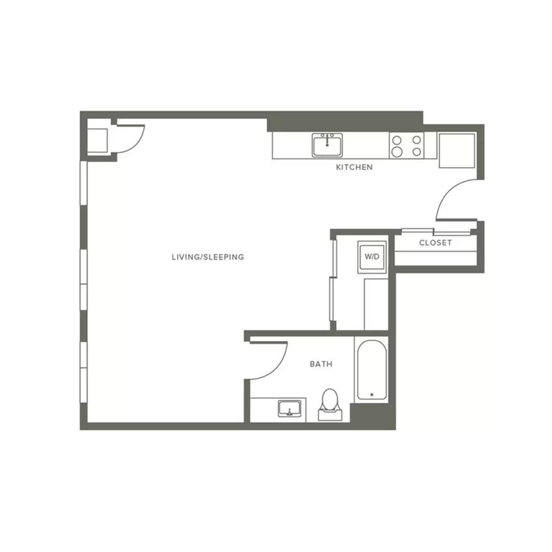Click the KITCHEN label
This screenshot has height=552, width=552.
point(354,167)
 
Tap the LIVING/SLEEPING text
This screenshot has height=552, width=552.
point(208,257)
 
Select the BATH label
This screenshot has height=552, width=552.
point(321,364)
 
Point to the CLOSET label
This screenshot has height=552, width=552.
point(436,243)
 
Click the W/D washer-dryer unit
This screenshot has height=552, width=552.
point(372,257)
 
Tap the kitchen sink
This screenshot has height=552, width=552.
point(328,145)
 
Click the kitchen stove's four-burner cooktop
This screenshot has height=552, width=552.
point(406,146)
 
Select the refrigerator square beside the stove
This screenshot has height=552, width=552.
point(457,151)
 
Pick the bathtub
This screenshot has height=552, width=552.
point(372,369)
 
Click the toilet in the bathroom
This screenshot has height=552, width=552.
point(330,405)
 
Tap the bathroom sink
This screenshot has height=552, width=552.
point(290,409)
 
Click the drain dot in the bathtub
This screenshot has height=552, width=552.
point(372,395)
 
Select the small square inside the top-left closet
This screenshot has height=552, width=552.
point(97,141)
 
